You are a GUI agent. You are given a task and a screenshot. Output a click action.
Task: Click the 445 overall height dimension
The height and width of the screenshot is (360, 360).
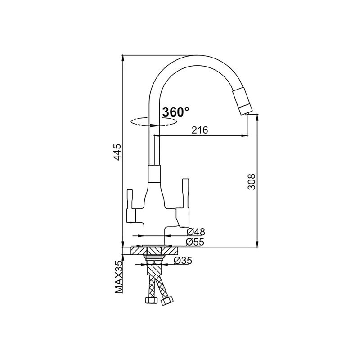point(117,152)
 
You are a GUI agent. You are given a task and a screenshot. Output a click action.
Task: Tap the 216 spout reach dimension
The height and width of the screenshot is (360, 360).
point(200,130)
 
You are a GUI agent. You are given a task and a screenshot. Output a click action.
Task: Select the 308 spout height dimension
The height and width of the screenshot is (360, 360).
point(252,182)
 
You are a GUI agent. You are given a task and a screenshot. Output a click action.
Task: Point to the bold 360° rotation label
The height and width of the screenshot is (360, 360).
point(176,112)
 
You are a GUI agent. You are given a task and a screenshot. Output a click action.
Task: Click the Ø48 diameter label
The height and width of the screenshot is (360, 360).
point(196,232)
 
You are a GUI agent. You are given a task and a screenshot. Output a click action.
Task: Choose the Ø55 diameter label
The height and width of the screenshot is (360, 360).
point(195,242)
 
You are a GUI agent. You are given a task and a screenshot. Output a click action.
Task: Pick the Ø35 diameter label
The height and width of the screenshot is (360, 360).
point(183,261)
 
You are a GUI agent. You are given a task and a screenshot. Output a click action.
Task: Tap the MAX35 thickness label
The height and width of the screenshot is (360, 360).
point(119,277)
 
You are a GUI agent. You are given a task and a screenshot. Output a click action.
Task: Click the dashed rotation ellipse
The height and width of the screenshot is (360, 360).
point(153,121)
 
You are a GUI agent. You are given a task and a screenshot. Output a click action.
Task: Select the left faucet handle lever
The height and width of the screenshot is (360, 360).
point(130,206)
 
